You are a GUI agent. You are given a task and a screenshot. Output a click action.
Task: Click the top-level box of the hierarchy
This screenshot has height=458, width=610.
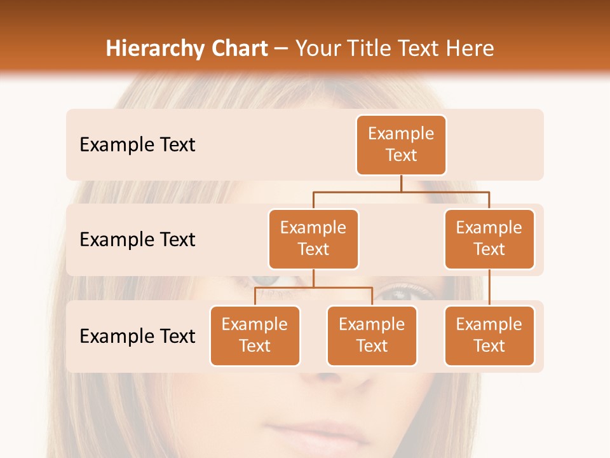(401, 144)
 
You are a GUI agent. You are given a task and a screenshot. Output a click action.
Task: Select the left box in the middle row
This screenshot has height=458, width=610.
(313, 239)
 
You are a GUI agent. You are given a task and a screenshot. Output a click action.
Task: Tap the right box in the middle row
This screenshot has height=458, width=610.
(489, 239)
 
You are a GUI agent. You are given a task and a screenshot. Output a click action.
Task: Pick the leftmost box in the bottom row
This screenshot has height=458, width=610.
(255, 335)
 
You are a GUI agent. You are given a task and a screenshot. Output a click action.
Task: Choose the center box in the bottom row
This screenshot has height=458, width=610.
(372, 335)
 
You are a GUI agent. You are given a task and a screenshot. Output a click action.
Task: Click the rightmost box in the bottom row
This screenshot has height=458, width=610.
(489, 335)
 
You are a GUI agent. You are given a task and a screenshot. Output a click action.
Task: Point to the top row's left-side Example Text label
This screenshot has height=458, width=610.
(137, 145)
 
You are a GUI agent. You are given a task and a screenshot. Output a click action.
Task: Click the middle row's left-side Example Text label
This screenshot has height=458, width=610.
(137, 240)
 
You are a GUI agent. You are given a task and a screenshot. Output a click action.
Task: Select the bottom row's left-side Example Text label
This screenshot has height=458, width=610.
(137, 337)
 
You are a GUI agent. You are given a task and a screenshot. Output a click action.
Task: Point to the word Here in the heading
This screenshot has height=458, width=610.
(471, 49)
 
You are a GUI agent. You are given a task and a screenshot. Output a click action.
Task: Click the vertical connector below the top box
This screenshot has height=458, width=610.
(401, 183)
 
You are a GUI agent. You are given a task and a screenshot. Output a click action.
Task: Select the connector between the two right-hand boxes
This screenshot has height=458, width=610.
(489, 287)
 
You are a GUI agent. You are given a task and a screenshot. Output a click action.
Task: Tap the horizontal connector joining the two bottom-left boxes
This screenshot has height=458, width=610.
(313, 288)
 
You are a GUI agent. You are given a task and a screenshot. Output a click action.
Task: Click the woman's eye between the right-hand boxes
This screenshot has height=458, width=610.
(400, 293)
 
